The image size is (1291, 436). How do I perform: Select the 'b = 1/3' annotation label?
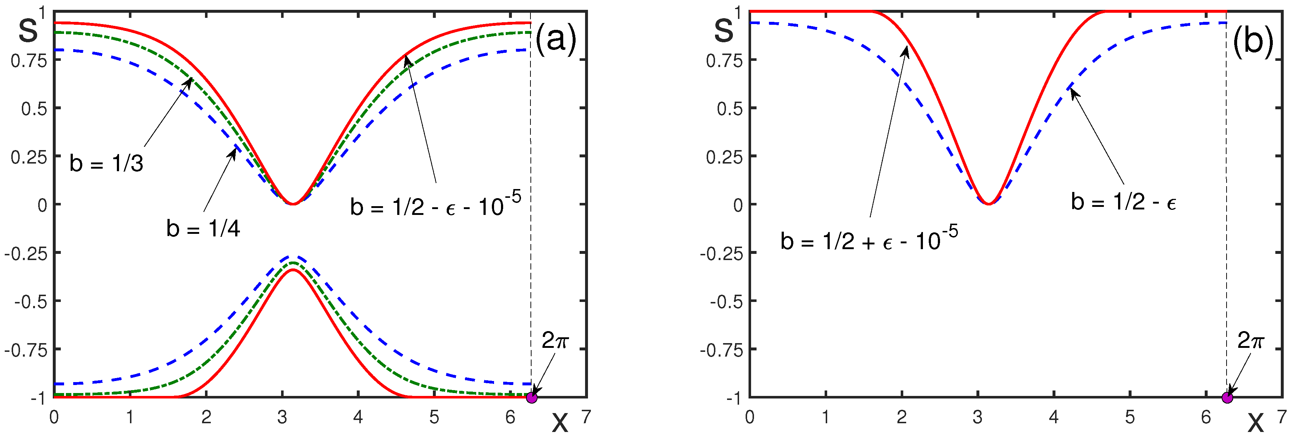point(106,164)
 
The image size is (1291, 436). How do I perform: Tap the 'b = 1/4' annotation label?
point(203,228)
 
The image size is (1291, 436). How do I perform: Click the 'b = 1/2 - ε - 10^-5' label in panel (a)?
point(435,204)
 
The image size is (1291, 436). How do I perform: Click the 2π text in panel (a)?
point(555,341)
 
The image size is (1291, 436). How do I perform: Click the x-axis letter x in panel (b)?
point(1255,423)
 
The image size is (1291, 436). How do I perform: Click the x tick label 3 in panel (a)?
point(282,417)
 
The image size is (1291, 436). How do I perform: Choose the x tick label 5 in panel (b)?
point(1130,417)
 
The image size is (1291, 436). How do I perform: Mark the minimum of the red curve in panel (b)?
point(988,204)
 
